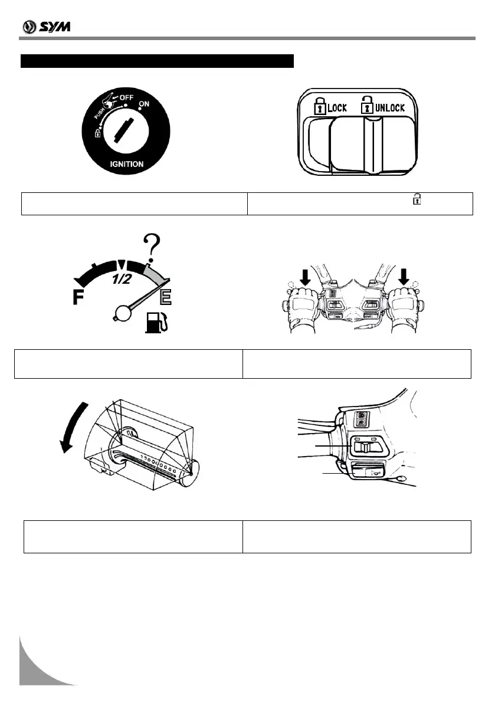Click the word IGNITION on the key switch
coord(126,164)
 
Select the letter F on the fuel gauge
coord(78,298)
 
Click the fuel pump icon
coord(155,323)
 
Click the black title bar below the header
coord(157,61)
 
